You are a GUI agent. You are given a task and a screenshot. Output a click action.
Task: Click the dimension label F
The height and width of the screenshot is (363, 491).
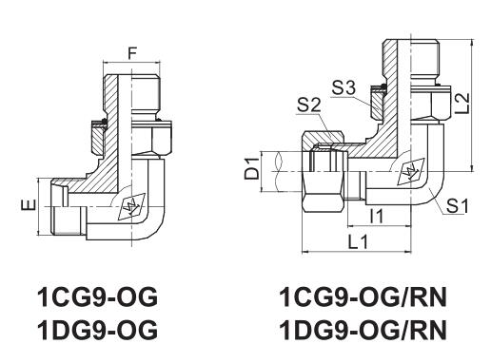tap(132, 53)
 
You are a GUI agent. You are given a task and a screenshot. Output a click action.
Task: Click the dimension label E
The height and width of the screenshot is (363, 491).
tap(29, 205)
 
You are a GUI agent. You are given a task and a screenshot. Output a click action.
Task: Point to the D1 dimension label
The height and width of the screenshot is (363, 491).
tap(252, 169)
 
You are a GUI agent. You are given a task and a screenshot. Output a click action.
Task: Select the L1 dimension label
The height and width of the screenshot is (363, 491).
tap(358, 242)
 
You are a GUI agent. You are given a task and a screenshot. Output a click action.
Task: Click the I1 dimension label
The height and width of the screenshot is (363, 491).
tap(377, 217)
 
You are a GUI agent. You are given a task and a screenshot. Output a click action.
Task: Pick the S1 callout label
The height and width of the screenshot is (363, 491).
tap(457, 206)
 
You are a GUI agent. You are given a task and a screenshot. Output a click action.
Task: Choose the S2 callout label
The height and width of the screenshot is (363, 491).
tap(309, 105)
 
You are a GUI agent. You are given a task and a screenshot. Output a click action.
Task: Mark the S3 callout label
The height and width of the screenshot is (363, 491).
tap(344, 87)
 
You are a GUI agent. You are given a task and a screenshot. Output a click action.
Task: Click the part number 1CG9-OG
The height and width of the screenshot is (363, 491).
tap(97, 296)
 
